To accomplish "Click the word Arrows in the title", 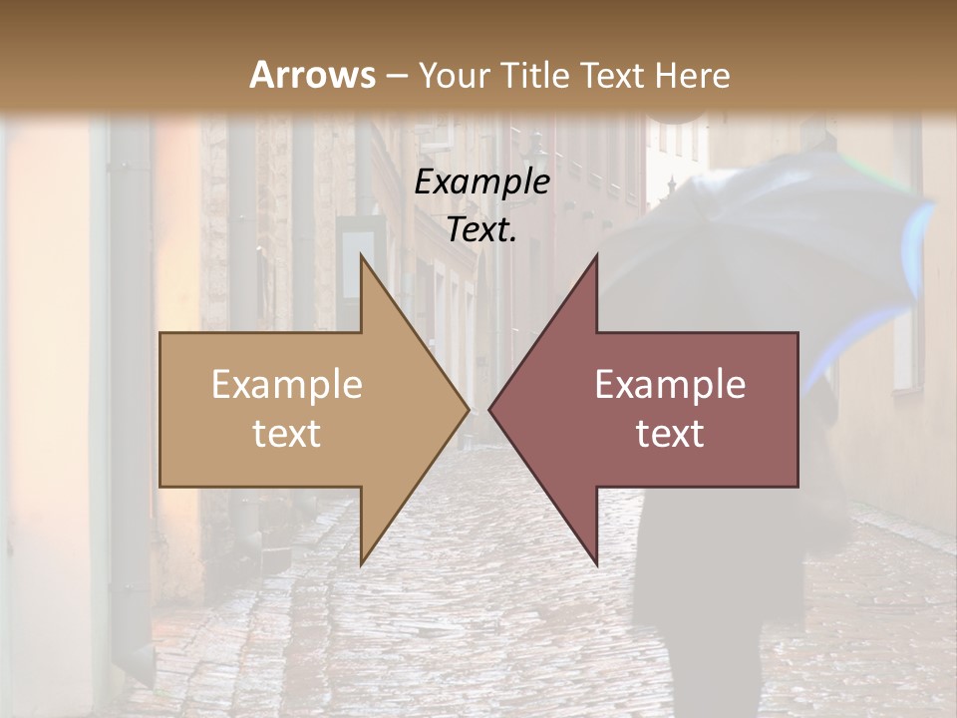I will [312, 75].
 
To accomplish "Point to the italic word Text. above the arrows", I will [482, 230].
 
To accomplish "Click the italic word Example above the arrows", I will [482, 182].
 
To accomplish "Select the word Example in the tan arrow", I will [287, 385].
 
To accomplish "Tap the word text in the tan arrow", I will [287, 434].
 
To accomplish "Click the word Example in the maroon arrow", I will [670, 385].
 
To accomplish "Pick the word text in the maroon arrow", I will [670, 434].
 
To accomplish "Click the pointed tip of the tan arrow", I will [469, 409].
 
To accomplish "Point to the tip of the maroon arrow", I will [489, 409].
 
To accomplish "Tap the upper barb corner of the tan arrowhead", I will [361, 254].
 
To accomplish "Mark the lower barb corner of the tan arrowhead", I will [361, 564].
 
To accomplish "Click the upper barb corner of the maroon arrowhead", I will [596, 254].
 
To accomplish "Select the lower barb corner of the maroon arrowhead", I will [596, 564].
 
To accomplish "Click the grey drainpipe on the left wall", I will [131, 399].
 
